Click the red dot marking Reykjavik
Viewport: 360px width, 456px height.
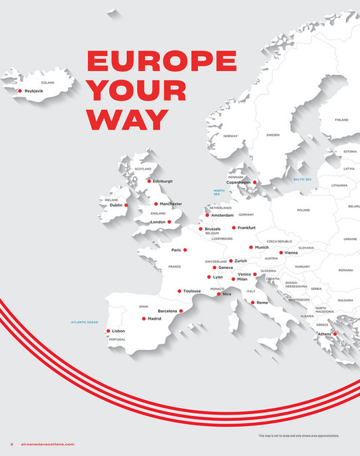pyautogui.click(x=20, y=91)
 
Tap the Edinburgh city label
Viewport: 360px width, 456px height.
pyautogui.click(x=163, y=181)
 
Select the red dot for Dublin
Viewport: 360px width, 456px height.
pyautogui.click(x=126, y=205)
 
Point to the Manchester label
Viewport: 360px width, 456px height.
pyautogui.click(x=171, y=203)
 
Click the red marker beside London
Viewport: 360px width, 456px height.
pyautogui.click(x=170, y=222)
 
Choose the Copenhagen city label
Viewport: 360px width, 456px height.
pyautogui.click(x=238, y=182)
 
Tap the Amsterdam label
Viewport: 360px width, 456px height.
pyautogui.click(x=222, y=216)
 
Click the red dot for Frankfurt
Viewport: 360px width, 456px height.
pyautogui.click(x=234, y=228)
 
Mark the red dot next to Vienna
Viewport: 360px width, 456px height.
pyautogui.click(x=281, y=253)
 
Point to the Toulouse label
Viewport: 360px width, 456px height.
pyautogui.click(x=192, y=291)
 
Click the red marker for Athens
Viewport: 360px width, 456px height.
pyautogui.click(x=334, y=334)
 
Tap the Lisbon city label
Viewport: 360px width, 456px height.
pyautogui.click(x=118, y=331)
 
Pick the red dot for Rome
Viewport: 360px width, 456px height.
pyautogui.click(x=253, y=303)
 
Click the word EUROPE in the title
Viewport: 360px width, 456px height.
pyautogui.click(x=161, y=61)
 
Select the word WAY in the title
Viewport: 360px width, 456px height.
pyautogui.click(x=127, y=118)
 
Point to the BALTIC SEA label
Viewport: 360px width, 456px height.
pyautogui.click(x=302, y=179)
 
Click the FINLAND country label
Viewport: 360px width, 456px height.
pyautogui.click(x=342, y=120)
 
